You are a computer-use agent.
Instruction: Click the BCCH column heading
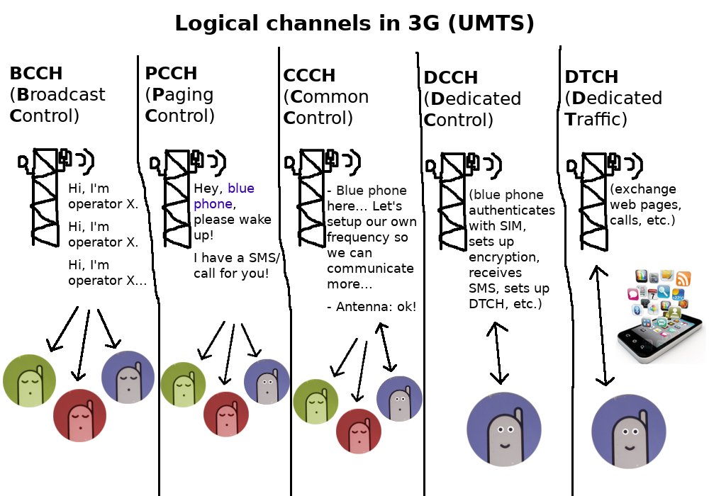36,74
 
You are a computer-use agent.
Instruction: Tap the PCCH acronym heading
171,74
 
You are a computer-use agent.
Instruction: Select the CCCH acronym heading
309,76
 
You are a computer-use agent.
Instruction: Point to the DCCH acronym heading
451,78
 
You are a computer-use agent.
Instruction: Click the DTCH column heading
591,77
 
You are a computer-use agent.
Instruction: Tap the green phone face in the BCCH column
29,381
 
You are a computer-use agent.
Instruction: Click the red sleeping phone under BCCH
79,415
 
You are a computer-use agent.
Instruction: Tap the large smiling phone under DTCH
628,432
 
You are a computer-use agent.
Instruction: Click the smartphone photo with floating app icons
659,315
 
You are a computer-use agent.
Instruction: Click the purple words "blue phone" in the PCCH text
224,196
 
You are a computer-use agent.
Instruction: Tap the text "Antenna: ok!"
372,307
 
